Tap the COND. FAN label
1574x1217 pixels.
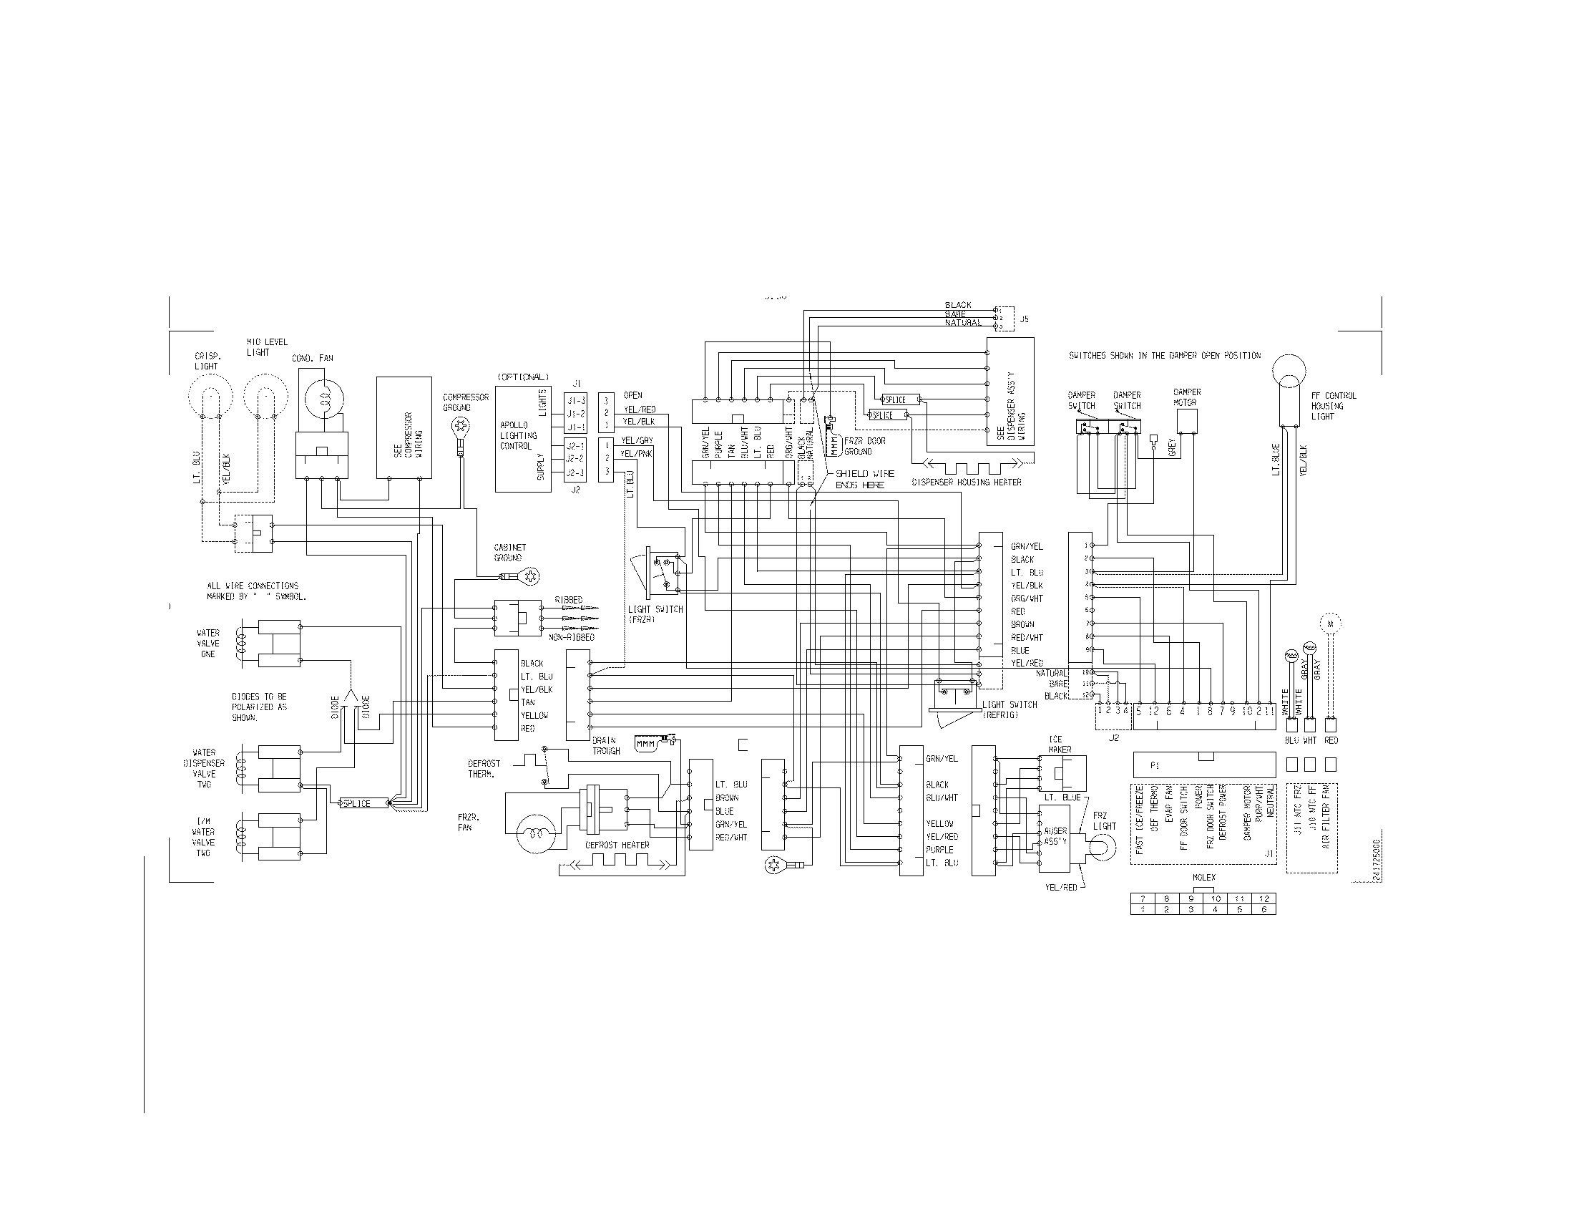312,359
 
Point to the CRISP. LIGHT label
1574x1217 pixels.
207,362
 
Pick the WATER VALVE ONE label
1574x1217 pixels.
207,644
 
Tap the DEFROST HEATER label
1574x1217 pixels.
617,845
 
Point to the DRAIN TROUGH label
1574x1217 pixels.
606,745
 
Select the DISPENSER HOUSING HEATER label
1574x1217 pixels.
967,482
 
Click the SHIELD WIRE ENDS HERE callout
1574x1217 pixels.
864,480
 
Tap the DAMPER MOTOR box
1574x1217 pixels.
1186,421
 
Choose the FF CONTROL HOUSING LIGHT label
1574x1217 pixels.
1334,406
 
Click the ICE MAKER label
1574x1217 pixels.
1060,744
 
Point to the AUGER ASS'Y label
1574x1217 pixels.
1055,836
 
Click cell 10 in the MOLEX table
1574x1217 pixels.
1215,899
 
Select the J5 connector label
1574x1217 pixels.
1024,319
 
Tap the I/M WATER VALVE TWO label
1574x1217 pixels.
203,837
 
